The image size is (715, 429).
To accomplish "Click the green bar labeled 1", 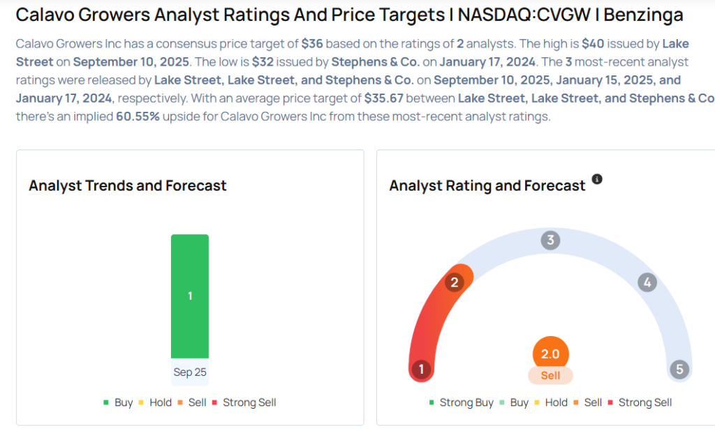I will pos(190,296).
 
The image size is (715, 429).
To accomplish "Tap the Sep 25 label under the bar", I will pos(190,372).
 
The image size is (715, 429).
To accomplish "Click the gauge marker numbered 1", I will pos(421,370).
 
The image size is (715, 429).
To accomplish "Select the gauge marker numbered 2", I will pos(455,282).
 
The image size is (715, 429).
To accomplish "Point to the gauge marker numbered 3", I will pos(550,241).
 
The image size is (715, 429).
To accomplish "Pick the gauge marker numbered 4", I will pos(647,283).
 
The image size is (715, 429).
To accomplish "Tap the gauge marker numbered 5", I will pos(679,370).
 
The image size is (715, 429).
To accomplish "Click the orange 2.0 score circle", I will pos(550,354).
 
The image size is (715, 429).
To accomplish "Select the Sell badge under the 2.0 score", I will pos(550,375).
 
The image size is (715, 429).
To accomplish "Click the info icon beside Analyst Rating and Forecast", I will pos(597,180).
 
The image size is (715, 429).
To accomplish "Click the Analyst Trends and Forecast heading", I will pos(128,186).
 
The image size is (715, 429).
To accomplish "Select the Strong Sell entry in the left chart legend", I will pos(249,402).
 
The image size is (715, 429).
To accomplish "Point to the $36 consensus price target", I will pos(312,43).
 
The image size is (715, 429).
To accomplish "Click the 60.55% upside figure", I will pos(138,116).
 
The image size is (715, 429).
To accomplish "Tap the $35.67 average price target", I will pos(383,98).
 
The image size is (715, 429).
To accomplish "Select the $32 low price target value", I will pos(265,61).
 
